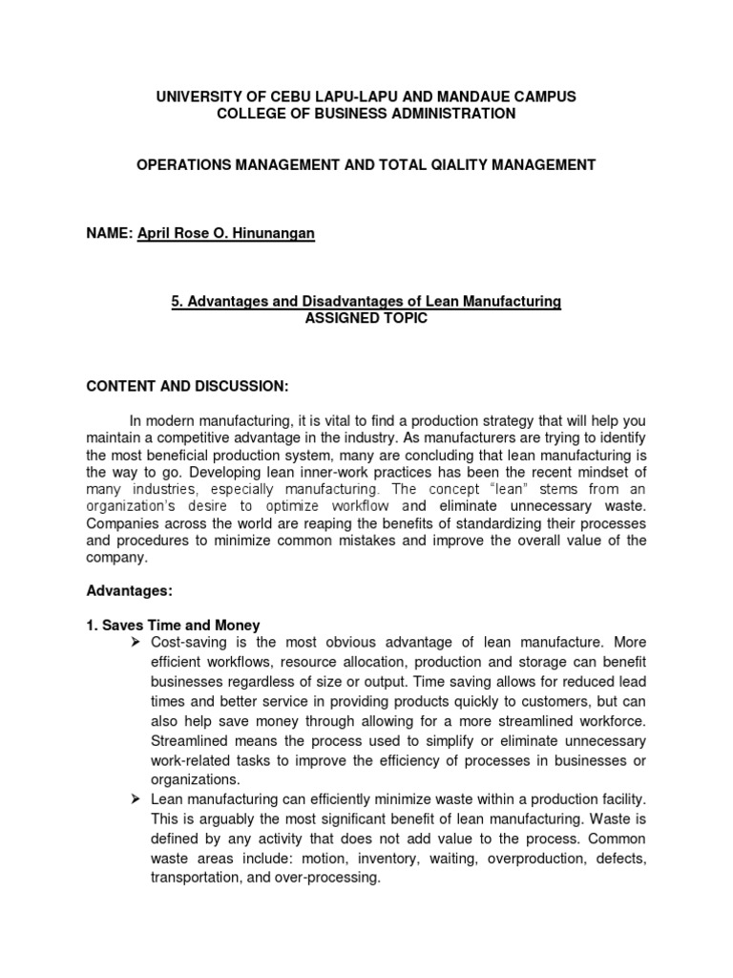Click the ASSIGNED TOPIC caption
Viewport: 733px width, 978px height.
point(366,319)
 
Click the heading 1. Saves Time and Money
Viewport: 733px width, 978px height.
point(173,626)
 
